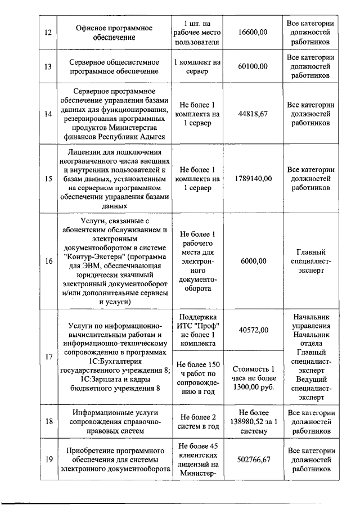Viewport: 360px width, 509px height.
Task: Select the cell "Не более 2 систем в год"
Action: click(198, 421)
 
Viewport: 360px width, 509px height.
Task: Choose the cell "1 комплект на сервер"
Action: click(198, 66)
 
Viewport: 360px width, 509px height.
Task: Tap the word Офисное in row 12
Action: click(93, 28)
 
